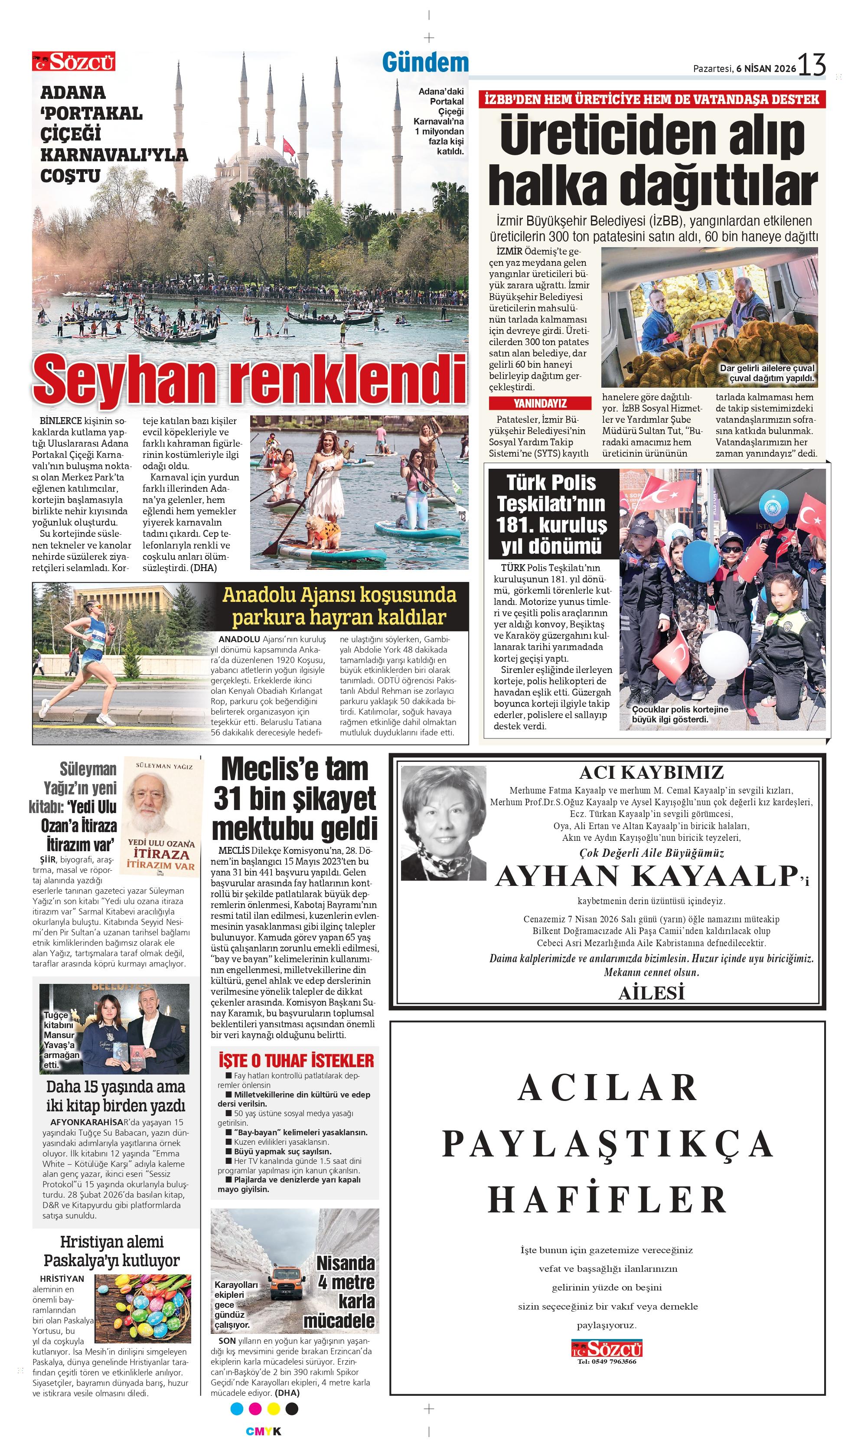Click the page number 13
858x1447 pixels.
pyautogui.click(x=812, y=64)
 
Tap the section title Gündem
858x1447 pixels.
pyautogui.click(x=425, y=62)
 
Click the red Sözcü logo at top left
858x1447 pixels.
pyautogui.click(x=73, y=61)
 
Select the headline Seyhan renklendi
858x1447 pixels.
pyautogui.click(x=250, y=379)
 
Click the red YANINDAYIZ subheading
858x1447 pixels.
pyautogui.click(x=540, y=403)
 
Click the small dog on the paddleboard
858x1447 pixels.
pyautogui.click(x=324, y=532)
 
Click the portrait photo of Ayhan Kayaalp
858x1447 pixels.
pyautogui.click(x=444, y=823)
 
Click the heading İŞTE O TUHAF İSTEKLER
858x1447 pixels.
pyautogui.click(x=296, y=1061)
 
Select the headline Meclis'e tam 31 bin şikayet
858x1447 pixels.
pyautogui.click(x=294, y=798)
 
